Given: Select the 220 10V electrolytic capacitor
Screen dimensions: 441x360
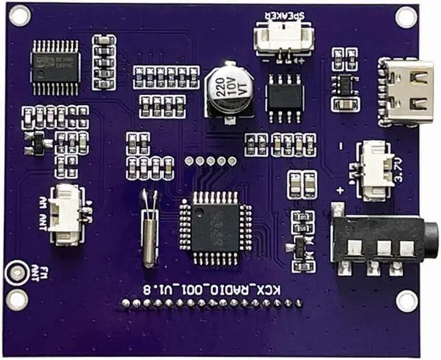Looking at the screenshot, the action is pos(227,91).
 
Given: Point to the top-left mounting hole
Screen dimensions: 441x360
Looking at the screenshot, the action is pos(19,16).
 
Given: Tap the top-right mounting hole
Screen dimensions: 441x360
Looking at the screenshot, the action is pos(407,17).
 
